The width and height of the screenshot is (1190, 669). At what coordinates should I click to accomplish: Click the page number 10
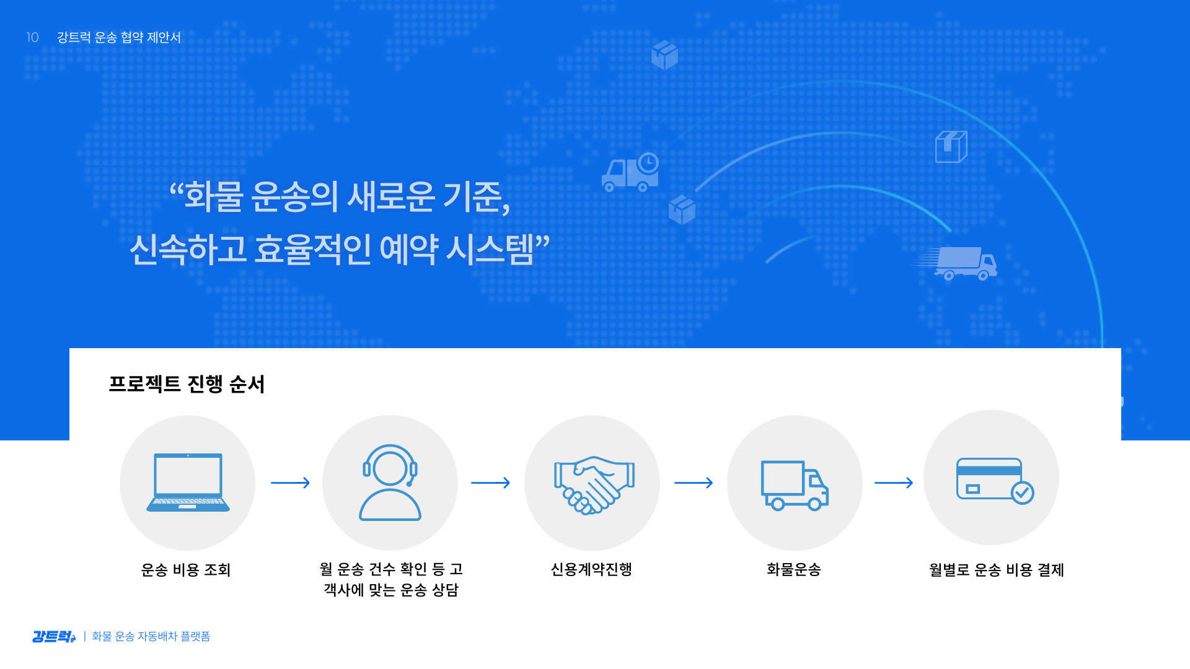[x=32, y=37]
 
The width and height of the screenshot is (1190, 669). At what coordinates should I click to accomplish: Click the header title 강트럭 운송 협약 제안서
[x=119, y=37]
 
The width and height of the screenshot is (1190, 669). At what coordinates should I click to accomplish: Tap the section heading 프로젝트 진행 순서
[x=187, y=384]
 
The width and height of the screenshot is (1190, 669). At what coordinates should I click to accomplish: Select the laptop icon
[x=188, y=483]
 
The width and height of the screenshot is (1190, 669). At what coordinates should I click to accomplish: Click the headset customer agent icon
[x=390, y=483]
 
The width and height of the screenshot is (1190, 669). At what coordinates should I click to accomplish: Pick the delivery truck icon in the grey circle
[x=795, y=485]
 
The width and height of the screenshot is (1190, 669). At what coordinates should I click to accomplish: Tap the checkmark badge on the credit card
[x=1023, y=493]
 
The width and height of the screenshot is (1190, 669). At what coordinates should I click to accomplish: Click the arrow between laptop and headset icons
[x=290, y=483]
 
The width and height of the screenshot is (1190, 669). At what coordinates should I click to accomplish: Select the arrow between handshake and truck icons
[x=694, y=483]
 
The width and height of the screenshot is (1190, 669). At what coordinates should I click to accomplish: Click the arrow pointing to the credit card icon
[x=894, y=483]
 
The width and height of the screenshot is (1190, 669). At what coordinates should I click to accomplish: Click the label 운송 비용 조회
[x=186, y=570]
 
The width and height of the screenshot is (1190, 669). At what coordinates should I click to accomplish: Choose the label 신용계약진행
[x=591, y=569]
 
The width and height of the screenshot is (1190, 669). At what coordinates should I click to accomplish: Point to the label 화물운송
[x=794, y=569]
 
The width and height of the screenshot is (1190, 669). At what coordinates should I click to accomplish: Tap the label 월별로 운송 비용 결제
[x=997, y=570]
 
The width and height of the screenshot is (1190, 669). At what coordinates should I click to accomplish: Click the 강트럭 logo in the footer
[x=54, y=637]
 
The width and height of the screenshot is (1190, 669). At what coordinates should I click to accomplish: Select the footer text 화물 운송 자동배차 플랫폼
[x=151, y=637]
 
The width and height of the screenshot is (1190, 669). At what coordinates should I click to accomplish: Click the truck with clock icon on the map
[x=630, y=172]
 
